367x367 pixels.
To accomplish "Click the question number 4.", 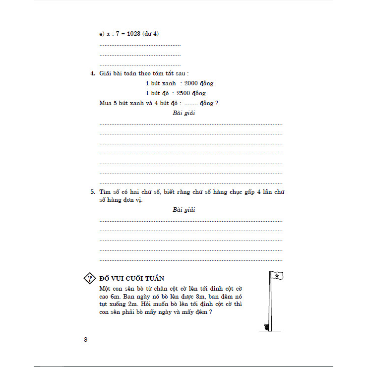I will [x=92, y=73].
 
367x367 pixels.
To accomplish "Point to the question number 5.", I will [x=92, y=191].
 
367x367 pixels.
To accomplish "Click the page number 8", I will [x=86, y=339].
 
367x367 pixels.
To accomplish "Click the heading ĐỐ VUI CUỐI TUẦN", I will [x=132, y=278].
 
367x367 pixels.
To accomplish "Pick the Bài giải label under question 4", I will [x=183, y=113].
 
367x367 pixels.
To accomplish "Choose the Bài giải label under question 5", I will [x=183, y=210].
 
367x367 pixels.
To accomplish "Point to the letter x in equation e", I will [x=109, y=33].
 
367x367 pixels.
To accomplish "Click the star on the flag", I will [x=275, y=275].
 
